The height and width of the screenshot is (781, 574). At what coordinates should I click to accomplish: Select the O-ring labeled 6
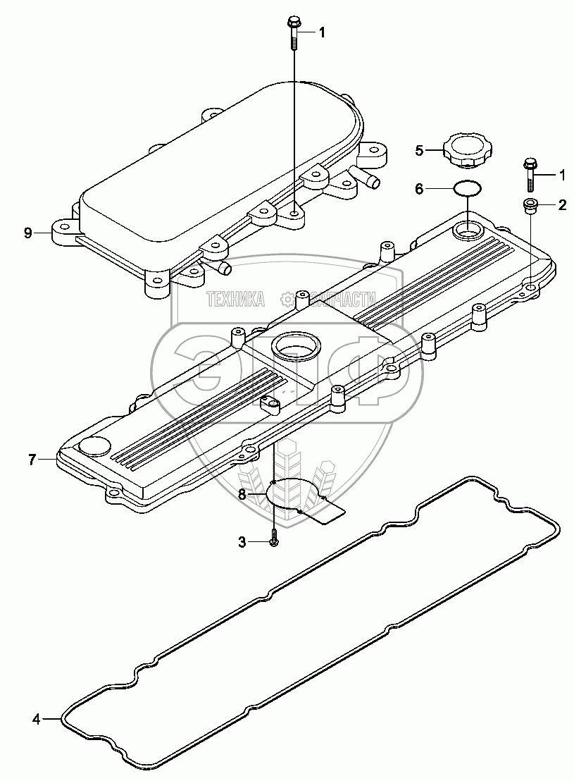click(466, 189)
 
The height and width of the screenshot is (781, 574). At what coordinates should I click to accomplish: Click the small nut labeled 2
click(531, 205)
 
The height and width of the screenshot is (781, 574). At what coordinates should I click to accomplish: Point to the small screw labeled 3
click(275, 541)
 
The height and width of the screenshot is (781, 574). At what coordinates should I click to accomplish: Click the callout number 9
click(27, 233)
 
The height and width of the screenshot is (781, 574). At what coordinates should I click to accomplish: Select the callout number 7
click(32, 460)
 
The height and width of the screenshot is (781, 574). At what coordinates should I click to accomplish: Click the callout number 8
click(242, 496)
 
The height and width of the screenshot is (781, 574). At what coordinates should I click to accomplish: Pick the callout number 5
click(418, 149)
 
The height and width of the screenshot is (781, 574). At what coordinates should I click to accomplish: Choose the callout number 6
click(418, 189)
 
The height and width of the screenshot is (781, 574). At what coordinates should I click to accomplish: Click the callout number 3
click(242, 541)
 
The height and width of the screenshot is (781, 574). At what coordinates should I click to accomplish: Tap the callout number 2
click(562, 205)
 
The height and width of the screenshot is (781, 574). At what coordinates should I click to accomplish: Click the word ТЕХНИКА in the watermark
click(235, 299)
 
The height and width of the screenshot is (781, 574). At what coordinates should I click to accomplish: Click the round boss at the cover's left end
click(94, 446)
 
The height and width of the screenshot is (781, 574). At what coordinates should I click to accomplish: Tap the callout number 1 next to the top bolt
click(322, 32)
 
